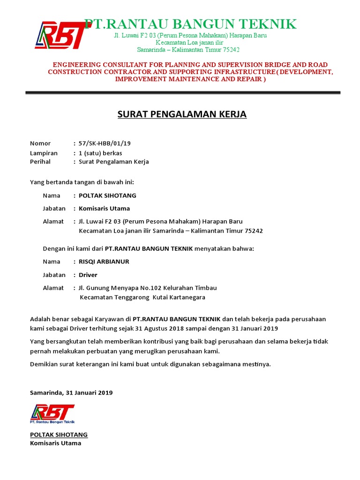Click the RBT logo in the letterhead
(60, 35)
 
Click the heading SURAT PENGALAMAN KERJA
(181, 114)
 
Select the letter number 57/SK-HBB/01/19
(102, 143)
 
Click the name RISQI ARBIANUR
(104, 262)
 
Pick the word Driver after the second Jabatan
(88, 275)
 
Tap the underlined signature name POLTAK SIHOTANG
(59, 435)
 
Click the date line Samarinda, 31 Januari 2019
(71, 392)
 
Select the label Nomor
(40, 143)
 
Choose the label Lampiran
(44, 153)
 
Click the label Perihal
(40, 162)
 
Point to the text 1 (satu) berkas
(100, 153)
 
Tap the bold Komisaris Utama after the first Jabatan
(104, 208)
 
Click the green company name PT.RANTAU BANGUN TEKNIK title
(190, 24)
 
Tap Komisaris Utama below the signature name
(55, 443)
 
